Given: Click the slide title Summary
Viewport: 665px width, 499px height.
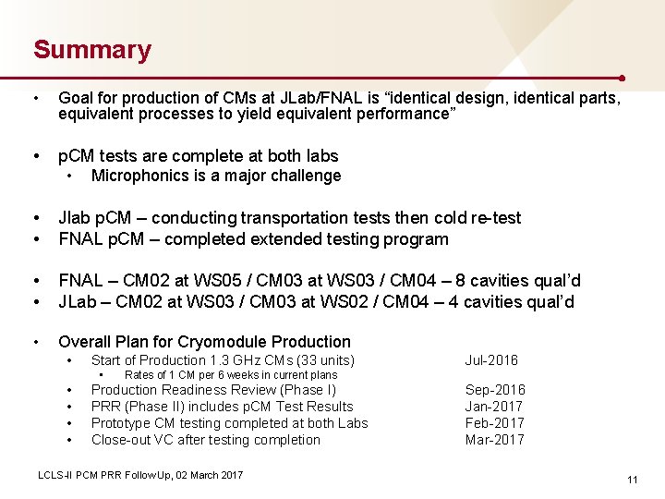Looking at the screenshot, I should [x=92, y=50].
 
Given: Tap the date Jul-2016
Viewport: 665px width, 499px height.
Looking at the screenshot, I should [x=491, y=360].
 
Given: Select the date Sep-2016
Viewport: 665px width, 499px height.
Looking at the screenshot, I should [x=495, y=390].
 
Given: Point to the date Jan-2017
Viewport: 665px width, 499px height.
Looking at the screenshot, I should [x=494, y=407].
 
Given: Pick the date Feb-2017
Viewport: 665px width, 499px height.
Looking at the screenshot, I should [x=494, y=423].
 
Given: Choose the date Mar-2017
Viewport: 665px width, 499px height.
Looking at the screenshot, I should [x=494, y=440].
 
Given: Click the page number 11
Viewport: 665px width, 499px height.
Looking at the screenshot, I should [x=633, y=480].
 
